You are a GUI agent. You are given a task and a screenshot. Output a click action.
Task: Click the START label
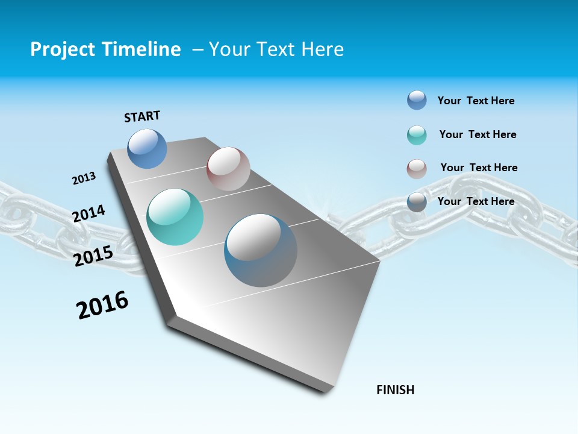point(142,116)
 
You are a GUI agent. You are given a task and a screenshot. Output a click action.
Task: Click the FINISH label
point(396,390)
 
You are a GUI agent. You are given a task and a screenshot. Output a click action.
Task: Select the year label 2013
point(84,178)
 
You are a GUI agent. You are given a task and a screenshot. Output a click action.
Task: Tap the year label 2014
point(89,213)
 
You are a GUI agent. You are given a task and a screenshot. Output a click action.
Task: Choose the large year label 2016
point(102,305)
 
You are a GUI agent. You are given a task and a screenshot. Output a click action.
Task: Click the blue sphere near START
point(147,148)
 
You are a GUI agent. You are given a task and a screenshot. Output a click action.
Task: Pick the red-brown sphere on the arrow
point(228,168)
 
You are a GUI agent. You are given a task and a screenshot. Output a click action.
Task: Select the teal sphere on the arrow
point(175,217)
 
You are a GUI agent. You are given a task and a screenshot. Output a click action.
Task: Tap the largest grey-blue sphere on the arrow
point(260,250)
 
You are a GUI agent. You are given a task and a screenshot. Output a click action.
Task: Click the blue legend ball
point(417,100)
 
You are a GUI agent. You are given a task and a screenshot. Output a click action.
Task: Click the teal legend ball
point(417,135)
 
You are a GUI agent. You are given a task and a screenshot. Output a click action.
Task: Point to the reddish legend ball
point(417,169)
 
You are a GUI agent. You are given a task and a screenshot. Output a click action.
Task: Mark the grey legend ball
point(417,203)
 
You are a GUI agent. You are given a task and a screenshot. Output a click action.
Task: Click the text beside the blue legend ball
point(476,101)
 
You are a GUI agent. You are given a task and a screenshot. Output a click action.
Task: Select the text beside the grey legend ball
point(476,201)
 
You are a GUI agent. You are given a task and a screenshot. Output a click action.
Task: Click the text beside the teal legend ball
point(477,134)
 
